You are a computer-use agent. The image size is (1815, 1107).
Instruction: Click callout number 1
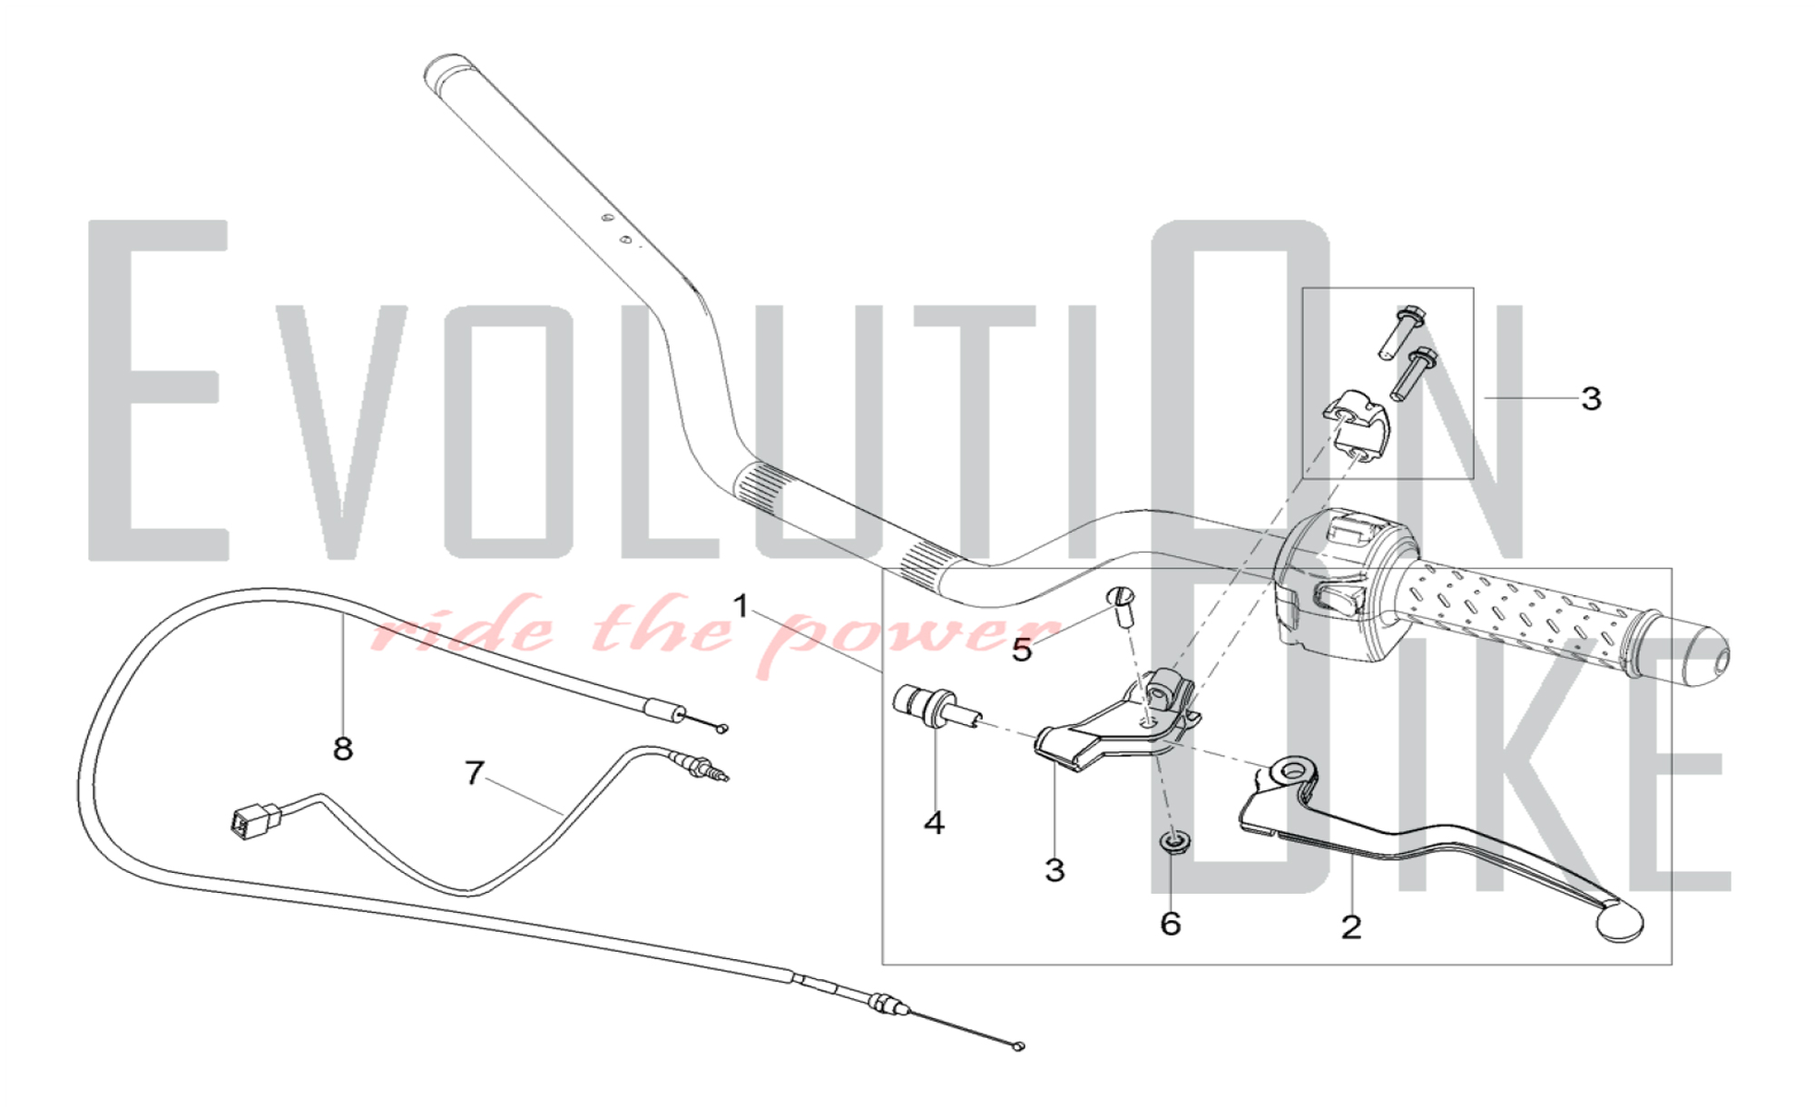point(741,606)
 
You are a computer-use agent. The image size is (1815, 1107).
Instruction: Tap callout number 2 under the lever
point(1351,927)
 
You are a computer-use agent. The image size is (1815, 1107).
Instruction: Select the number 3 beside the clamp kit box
point(1591,398)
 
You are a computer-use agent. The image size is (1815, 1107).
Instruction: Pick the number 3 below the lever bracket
point(1054,870)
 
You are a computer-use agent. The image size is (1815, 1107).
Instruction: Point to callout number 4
point(934,823)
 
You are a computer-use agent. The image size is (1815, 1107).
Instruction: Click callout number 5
point(1022,650)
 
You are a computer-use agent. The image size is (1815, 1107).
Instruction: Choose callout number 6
point(1171,924)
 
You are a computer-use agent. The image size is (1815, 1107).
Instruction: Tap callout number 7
point(474,773)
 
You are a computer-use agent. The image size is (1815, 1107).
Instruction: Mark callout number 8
point(342,749)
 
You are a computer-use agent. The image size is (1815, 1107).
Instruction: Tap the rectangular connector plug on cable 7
point(248,819)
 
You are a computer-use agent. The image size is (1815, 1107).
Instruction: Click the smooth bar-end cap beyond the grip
point(1696,653)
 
